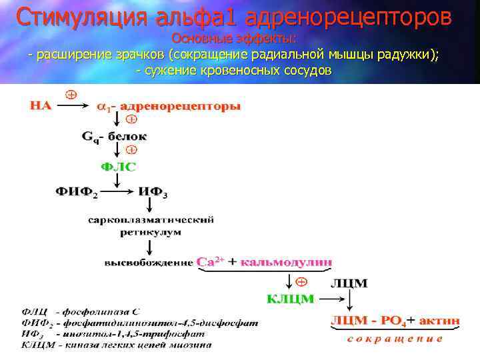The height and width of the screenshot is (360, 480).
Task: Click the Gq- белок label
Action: [115, 137]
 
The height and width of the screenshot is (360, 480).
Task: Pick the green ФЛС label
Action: [117, 167]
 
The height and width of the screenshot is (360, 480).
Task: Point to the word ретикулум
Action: [151, 232]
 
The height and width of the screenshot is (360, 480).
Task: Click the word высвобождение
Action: [149, 263]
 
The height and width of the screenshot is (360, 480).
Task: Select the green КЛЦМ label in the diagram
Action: [290, 299]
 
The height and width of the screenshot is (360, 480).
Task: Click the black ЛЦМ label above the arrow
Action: [349, 283]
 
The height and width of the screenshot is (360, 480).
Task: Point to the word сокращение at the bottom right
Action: [395, 339]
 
